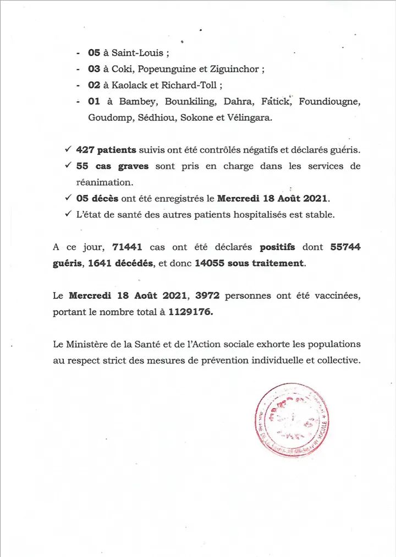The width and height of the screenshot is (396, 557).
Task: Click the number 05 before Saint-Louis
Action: coord(94,53)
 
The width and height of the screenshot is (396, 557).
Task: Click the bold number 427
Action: coord(85,150)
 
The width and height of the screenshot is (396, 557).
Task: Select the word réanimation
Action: coord(105,182)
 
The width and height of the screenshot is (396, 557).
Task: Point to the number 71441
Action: coord(128,247)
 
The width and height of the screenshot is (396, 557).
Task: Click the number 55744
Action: coord(345,247)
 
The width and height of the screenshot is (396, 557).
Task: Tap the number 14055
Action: coord(210,263)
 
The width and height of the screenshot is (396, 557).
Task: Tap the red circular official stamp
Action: coord(293,420)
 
